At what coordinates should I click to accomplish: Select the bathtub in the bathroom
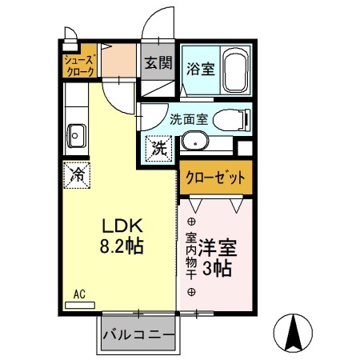(x=236, y=70)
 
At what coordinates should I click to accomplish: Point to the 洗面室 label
(x=188, y=120)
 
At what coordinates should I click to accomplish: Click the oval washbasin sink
(x=194, y=143)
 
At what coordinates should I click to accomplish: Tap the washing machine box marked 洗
(x=158, y=148)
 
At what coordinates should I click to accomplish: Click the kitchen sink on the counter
(x=77, y=135)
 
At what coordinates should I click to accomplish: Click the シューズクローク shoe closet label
(x=80, y=65)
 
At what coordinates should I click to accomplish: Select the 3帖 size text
(x=217, y=269)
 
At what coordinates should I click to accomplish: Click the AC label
(x=79, y=294)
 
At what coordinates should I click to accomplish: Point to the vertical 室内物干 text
(x=191, y=254)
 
